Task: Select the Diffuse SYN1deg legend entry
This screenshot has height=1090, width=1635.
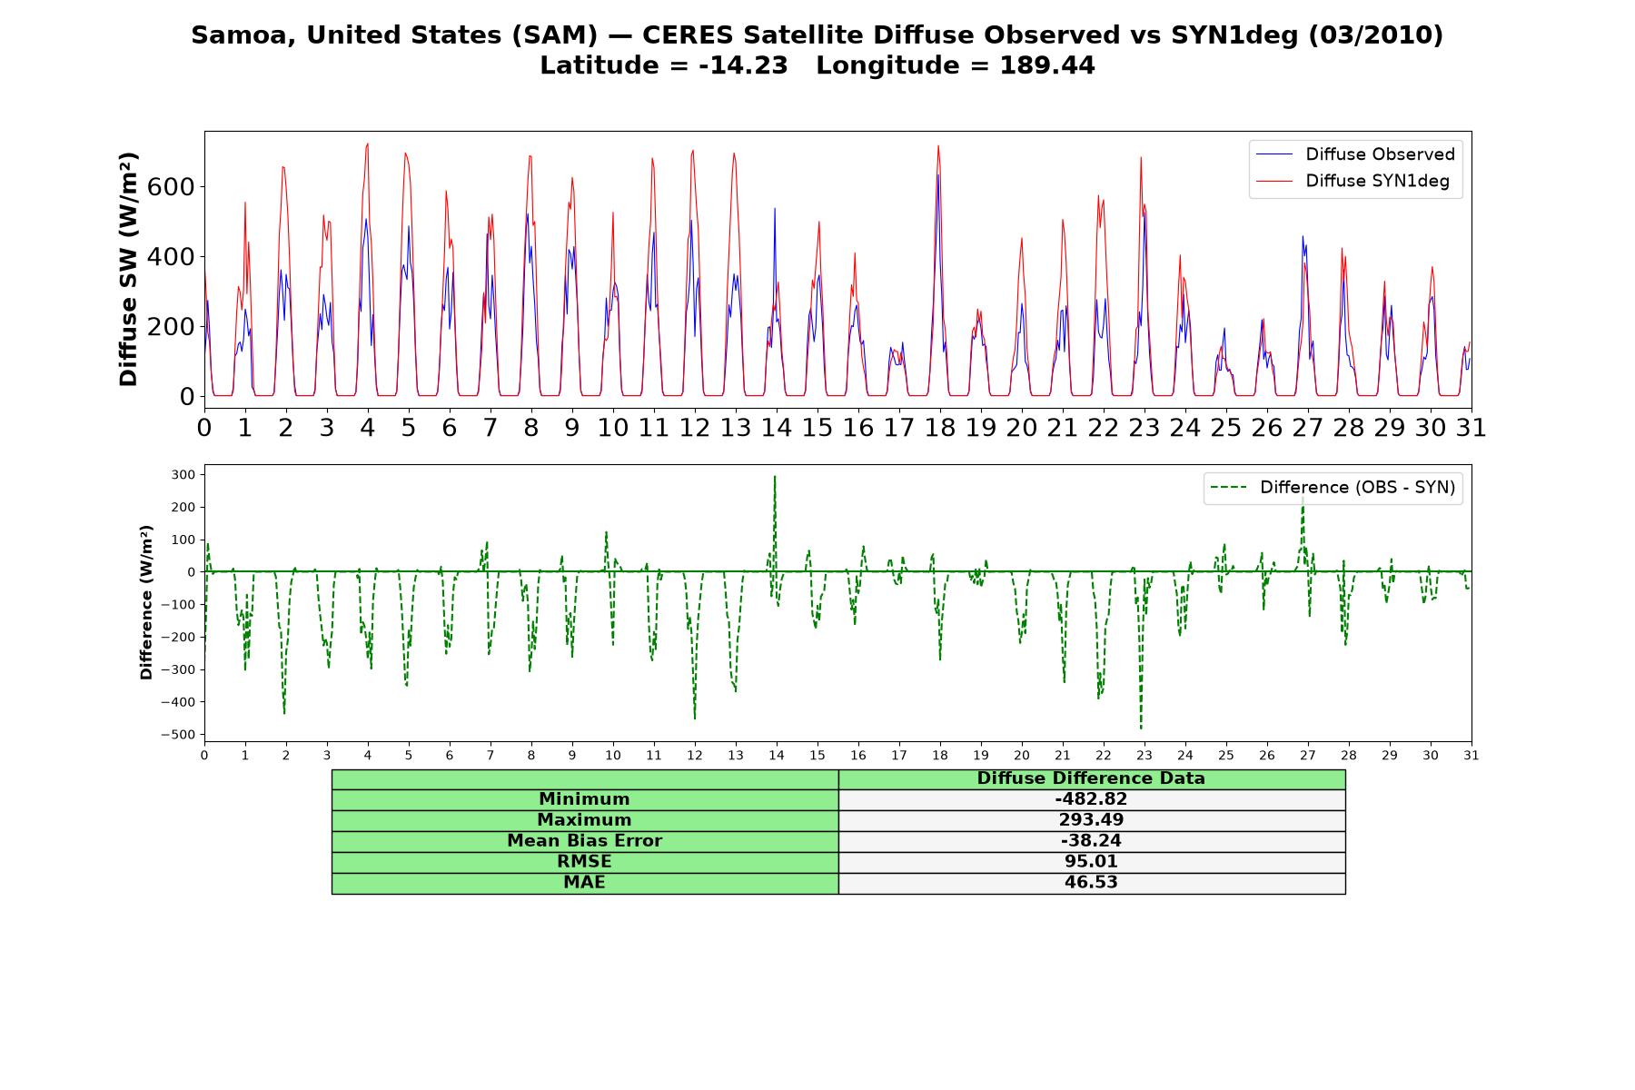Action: tap(1353, 181)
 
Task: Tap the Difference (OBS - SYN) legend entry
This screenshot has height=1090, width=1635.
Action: tap(1333, 488)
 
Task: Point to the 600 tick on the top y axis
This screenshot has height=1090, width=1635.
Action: tap(174, 187)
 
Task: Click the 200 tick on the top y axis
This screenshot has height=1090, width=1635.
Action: tap(174, 327)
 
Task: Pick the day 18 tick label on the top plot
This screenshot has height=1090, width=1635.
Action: tap(940, 428)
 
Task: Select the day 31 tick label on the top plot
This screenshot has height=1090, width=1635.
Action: tap(1471, 428)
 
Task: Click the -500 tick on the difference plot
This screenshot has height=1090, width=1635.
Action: tap(179, 735)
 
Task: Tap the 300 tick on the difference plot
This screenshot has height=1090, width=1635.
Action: tap(183, 475)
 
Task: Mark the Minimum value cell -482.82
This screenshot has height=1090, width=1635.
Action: tap(1091, 799)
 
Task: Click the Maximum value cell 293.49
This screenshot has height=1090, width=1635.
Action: tap(1091, 820)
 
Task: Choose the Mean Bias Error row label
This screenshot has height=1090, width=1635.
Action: tap(584, 841)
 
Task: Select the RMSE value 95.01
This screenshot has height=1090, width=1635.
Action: tap(1091, 862)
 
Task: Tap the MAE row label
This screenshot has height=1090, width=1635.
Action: tap(584, 883)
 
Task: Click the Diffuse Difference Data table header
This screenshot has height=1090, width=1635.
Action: tap(1091, 778)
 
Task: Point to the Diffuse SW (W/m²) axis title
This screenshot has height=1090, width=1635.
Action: tap(128, 270)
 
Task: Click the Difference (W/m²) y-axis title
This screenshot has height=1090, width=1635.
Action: tap(146, 602)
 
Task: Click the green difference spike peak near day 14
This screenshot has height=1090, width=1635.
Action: tap(775, 476)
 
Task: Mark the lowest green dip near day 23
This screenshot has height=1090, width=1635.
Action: tap(1141, 728)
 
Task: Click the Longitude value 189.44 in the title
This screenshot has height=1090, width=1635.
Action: tap(1047, 66)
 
